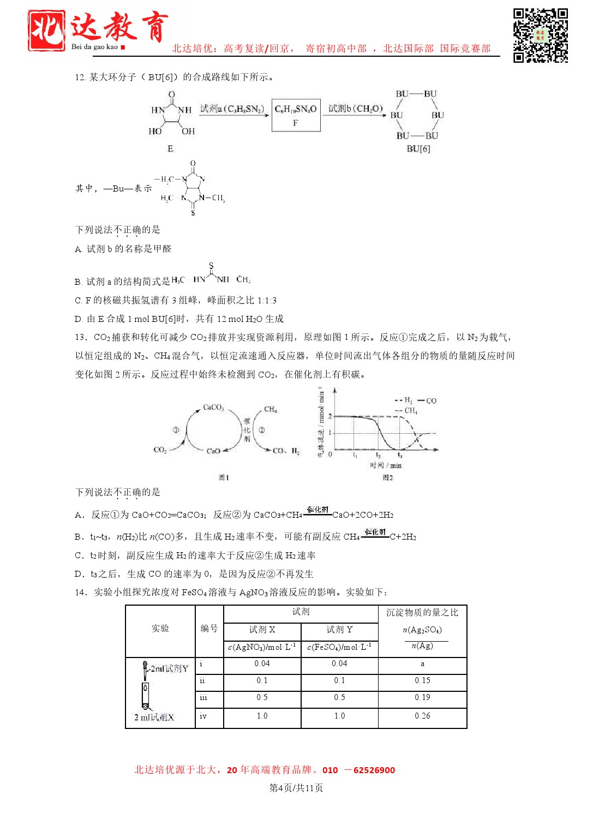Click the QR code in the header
coord(540,35)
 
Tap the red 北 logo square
coord(47,31)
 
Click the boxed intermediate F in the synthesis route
coord(296,116)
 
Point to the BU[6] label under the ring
coord(418,149)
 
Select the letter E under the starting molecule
coord(170,149)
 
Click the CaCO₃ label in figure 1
coord(213,408)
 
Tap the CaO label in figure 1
coord(213,451)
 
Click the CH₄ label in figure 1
coord(270,409)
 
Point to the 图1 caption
coord(224,478)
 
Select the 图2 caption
coord(387,478)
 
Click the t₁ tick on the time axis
coord(355,455)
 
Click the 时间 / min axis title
coord(386,465)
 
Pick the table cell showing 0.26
coord(422,716)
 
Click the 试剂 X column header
coord(262,630)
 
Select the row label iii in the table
coord(203,698)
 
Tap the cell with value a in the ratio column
coord(422,664)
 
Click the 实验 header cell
coord(160,629)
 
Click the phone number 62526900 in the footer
coord(374,770)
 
